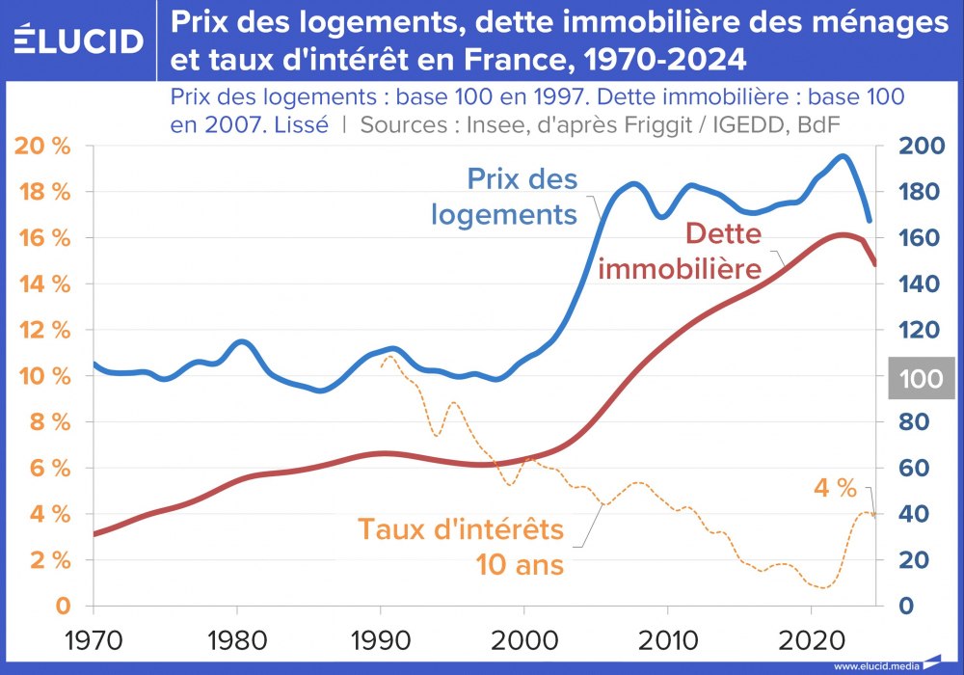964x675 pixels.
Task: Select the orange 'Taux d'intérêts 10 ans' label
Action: tap(461, 546)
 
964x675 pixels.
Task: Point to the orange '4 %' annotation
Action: tap(835, 488)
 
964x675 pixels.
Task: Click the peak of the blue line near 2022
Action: tap(843, 155)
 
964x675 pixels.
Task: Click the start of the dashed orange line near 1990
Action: tap(382, 367)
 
